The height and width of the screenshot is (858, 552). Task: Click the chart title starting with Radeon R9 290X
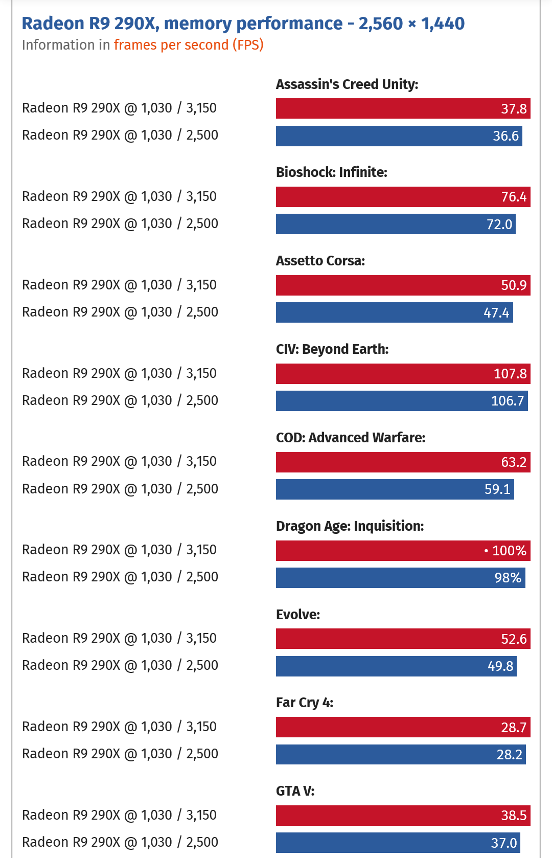pyautogui.click(x=243, y=24)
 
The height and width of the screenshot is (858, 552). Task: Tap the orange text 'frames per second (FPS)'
pyautogui.click(x=189, y=45)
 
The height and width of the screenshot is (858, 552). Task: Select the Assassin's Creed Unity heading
pyautogui.click(x=347, y=84)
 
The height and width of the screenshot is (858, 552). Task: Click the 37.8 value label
pyautogui.click(x=513, y=108)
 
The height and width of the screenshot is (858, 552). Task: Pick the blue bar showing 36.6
pyautogui.click(x=399, y=136)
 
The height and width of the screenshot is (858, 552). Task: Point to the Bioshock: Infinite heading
pyautogui.click(x=332, y=172)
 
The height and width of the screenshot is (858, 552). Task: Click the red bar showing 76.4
pyautogui.click(x=403, y=197)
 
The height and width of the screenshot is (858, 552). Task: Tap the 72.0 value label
pyautogui.click(x=499, y=224)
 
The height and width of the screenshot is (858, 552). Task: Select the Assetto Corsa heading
pyautogui.click(x=320, y=261)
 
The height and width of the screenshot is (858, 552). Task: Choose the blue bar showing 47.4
pyautogui.click(x=394, y=312)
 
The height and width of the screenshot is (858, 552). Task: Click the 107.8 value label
pyautogui.click(x=510, y=374)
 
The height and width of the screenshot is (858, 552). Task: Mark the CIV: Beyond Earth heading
pyautogui.click(x=332, y=349)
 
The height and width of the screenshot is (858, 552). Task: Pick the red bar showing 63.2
pyautogui.click(x=403, y=462)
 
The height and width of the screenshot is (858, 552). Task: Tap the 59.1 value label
pyautogui.click(x=497, y=489)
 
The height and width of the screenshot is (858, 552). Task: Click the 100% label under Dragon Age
pyautogui.click(x=509, y=551)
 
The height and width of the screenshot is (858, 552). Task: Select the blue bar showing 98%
pyautogui.click(x=400, y=578)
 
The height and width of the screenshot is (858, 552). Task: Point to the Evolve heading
pyautogui.click(x=298, y=615)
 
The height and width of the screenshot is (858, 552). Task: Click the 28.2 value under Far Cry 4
pyautogui.click(x=509, y=755)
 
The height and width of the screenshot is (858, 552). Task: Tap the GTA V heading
pyautogui.click(x=295, y=792)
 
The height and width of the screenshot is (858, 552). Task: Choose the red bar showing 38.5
pyautogui.click(x=403, y=816)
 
